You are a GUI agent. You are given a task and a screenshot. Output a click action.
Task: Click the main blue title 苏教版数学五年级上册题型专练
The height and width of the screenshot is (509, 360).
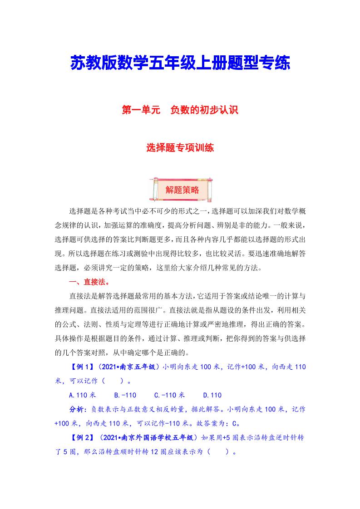[x=180, y=63]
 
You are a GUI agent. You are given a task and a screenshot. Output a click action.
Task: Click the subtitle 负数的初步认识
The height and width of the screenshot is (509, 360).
[x=204, y=110]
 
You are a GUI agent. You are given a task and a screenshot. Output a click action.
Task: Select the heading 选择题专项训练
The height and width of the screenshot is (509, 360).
[x=180, y=148]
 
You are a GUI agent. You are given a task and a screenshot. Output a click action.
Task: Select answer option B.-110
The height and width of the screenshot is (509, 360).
[x=125, y=395]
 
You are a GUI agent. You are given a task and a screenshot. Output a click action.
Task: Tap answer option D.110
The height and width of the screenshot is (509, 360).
[x=212, y=395]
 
